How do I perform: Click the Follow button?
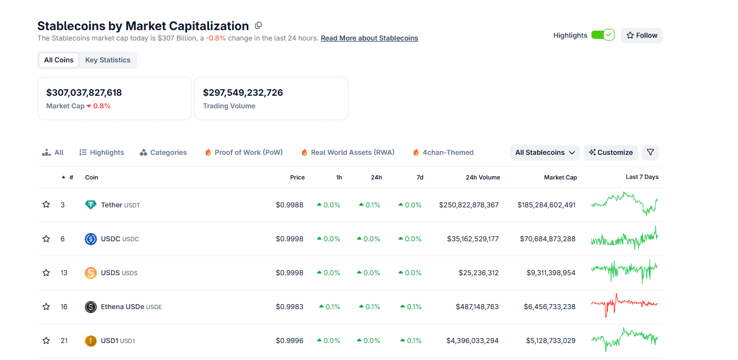coord(641,36)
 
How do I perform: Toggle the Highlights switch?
coord(603,35)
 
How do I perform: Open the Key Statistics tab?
coord(108,60)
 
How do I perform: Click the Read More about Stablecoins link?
coord(369,38)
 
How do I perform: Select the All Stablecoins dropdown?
coord(545,153)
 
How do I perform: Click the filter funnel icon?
coord(650,153)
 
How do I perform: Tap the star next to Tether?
coord(47,205)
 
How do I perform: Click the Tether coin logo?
coord(91,205)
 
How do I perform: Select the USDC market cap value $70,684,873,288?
coord(546,239)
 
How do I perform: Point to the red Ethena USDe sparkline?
coord(624,304)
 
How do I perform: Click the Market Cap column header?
coord(560,177)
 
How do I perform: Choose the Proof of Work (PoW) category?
coord(243,153)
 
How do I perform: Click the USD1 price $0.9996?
coord(289,341)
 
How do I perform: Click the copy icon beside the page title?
coord(259,26)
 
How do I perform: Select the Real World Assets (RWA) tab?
coord(347,153)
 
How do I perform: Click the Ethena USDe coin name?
coord(123,307)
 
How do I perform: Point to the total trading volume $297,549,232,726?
coord(243,93)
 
